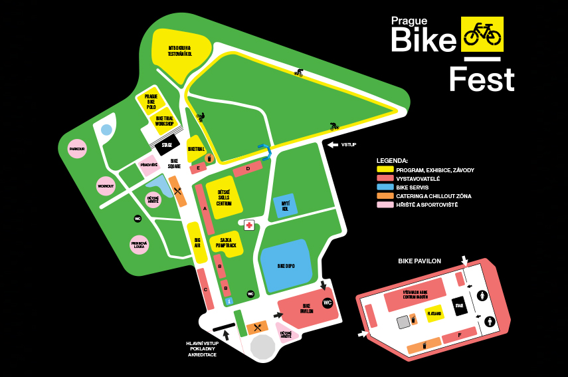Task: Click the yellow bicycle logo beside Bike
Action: tap(482, 34)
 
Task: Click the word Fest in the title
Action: tap(481, 80)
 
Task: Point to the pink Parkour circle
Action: tap(77, 149)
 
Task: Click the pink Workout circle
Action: tap(106, 186)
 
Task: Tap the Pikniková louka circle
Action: tap(139, 245)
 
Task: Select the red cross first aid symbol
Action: tap(249, 225)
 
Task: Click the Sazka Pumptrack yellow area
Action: tap(227, 245)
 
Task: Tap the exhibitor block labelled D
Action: tap(247, 169)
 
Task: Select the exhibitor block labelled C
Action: tap(206, 289)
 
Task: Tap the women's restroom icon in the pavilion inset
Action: tap(482, 296)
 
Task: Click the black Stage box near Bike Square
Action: tap(167, 144)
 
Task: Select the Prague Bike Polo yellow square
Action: tap(150, 101)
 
